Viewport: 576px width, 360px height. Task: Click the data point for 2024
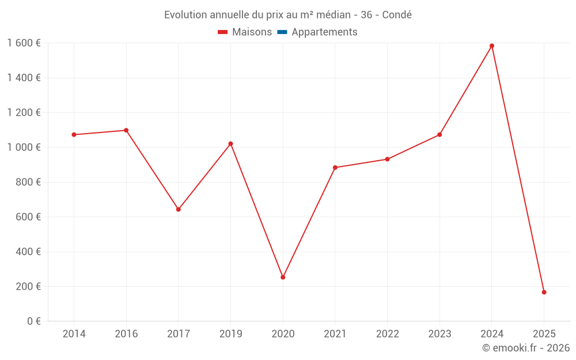pyautogui.click(x=491, y=46)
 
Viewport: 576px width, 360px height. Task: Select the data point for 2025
pyautogui.click(x=544, y=292)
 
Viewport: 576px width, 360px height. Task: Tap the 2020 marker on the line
pyautogui.click(x=283, y=277)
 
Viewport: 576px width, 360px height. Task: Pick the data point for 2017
pyautogui.click(x=179, y=209)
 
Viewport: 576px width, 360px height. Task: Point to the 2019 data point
pyautogui.click(x=230, y=143)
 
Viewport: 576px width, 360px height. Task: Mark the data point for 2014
pyautogui.click(x=74, y=135)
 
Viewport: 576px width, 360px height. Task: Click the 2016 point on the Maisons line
pyautogui.click(x=126, y=130)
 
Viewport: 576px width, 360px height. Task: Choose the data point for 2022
pyautogui.click(x=387, y=159)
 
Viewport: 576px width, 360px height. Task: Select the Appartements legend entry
pyautogui.click(x=324, y=32)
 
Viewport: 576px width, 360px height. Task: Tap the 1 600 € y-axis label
pyautogui.click(x=24, y=43)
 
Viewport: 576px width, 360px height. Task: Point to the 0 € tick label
pyautogui.click(x=34, y=321)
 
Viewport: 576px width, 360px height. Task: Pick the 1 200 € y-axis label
pyautogui.click(x=24, y=113)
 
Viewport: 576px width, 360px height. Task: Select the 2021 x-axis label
pyautogui.click(x=335, y=334)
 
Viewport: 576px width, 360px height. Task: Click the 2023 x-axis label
pyautogui.click(x=439, y=334)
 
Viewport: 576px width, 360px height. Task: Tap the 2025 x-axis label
pyautogui.click(x=544, y=334)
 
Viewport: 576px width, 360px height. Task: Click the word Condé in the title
pyautogui.click(x=397, y=15)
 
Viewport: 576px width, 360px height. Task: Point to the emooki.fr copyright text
pyautogui.click(x=525, y=348)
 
